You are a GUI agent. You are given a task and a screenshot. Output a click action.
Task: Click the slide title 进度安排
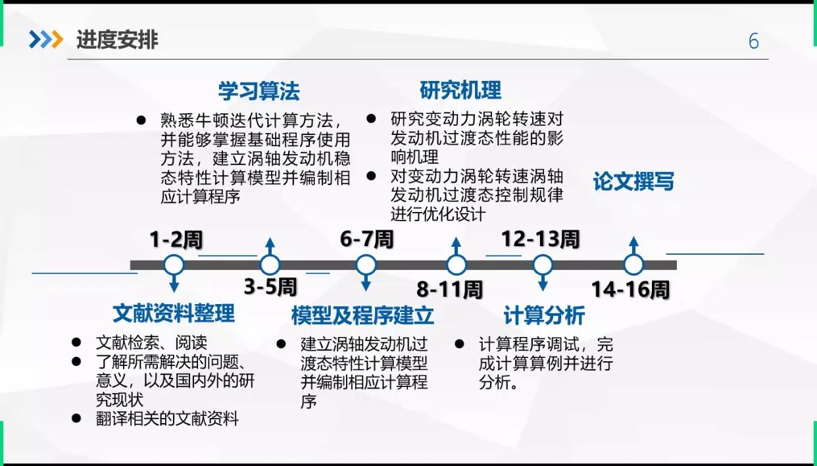tap(117, 40)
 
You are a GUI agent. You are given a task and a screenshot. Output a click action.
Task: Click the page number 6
tap(754, 41)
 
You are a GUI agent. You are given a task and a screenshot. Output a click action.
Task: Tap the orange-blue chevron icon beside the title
tap(45, 40)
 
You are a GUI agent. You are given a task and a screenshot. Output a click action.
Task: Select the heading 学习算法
tap(259, 91)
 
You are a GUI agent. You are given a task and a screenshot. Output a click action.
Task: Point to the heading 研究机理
tap(460, 90)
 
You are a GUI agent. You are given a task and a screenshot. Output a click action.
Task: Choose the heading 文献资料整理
tap(174, 313)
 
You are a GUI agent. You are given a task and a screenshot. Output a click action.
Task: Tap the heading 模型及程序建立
tap(362, 316)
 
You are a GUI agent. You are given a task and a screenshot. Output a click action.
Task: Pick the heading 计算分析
tap(543, 316)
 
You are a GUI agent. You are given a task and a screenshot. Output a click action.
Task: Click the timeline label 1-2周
tap(176, 240)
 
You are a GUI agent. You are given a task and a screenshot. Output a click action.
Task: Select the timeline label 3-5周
tap(270, 287)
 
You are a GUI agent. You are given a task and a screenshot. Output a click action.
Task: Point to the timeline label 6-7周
tap(366, 239)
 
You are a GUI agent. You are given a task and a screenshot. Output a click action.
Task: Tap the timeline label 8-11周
tap(450, 290)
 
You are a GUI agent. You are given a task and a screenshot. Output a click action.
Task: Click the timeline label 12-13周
tap(540, 239)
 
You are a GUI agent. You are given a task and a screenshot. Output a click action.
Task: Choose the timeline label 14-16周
tap(630, 290)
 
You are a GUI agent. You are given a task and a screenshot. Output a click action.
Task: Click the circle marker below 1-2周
tap(174, 265)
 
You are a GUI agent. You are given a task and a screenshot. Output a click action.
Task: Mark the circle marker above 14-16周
tap(633, 265)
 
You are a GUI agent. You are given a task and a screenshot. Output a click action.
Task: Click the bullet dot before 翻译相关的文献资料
tap(77, 418)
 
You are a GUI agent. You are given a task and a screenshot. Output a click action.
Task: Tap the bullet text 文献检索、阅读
tap(151, 343)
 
